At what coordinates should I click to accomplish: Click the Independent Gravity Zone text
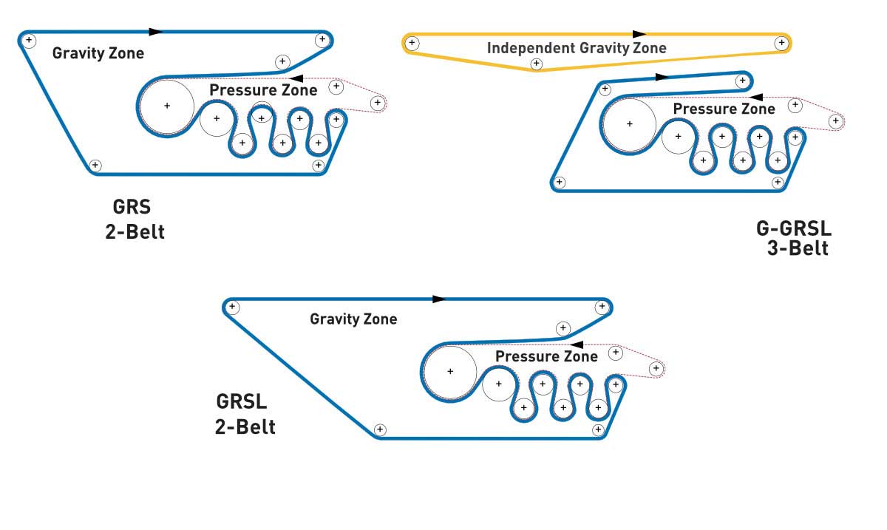click(577, 48)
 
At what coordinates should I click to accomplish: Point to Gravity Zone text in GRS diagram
click(98, 53)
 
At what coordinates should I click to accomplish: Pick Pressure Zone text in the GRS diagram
click(263, 90)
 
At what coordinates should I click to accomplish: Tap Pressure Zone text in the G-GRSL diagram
click(724, 109)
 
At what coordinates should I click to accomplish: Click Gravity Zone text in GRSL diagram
click(353, 319)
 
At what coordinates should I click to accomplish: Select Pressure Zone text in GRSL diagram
click(546, 356)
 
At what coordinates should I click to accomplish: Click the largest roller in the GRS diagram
click(167, 106)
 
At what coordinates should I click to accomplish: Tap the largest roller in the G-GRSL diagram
click(629, 124)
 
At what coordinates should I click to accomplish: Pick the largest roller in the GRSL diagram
click(449, 371)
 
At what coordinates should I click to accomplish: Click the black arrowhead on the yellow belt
click(639, 33)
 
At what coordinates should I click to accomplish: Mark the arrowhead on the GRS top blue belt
click(155, 32)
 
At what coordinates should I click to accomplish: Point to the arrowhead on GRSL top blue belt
click(439, 299)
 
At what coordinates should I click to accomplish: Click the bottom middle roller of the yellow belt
click(537, 65)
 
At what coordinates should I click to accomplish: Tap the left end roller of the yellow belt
click(412, 44)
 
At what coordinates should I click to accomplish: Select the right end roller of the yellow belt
click(781, 44)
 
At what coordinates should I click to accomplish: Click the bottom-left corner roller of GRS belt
click(95, 165)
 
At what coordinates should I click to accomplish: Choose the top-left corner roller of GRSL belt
click(232, 307)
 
